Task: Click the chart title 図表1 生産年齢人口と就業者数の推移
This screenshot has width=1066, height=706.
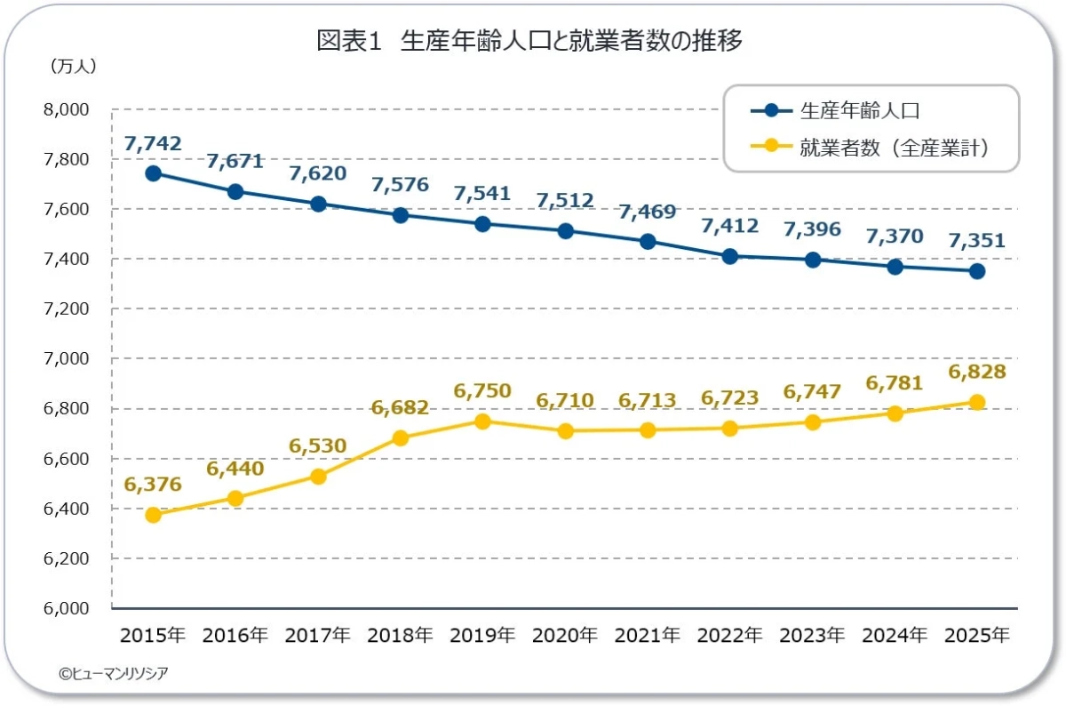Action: (x=529, y=41)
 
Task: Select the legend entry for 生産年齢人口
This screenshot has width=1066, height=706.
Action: (x=835, y=111)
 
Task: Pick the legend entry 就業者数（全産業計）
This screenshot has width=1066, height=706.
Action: (x=870, y=148)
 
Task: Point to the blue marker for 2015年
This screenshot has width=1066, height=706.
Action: (x=153, y=173)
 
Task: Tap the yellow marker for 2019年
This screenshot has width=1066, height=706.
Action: (x=482, y=421)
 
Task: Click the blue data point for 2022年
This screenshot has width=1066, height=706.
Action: (x=730, y=256)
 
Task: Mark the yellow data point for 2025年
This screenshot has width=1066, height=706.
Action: (x=977, y=402)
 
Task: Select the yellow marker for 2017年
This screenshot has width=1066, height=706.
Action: (x=318, y=477)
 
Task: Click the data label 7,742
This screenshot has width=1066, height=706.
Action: (x=153, y=143)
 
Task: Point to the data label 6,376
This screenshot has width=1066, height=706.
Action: (x=153, y=484)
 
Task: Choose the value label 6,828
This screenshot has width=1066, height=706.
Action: (x=977, y=372)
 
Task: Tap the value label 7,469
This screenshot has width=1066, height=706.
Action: (x=648, y=212)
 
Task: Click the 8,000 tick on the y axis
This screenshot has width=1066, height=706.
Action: (x=66, y=109)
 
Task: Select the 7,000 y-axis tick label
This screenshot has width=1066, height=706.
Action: (x=66, y=358)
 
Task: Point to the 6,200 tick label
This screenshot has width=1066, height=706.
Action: (x=66, y=558)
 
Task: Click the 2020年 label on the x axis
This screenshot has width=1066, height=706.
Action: (x=565, y=635)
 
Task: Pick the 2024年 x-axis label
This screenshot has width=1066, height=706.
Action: (x=895, y=635)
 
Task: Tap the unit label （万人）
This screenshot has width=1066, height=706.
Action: (x=73, y=66)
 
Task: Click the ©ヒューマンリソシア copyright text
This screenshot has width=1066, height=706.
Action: (x=114, y=673)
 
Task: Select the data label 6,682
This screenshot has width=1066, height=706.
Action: (x=401, y=407)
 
